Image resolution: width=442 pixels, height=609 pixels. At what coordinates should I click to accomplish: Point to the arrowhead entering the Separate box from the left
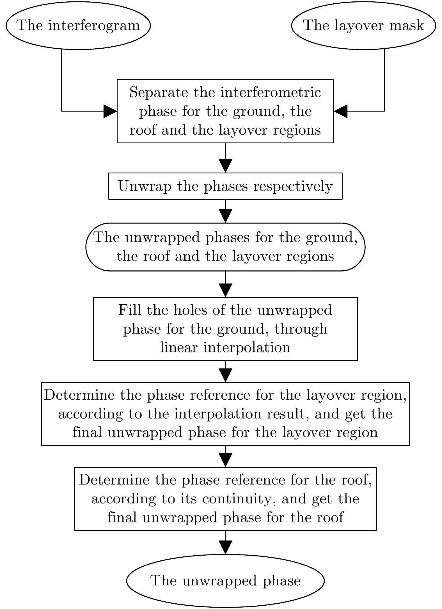(x=110, y=111)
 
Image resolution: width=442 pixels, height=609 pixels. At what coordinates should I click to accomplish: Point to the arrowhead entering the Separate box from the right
(x=340, y=111)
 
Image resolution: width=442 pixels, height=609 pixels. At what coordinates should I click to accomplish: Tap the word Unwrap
(x=145, y=186)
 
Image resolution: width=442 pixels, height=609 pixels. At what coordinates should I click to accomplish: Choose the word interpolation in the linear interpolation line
(x=247, y=348)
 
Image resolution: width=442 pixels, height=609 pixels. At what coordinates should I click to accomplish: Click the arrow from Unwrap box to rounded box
(x=225, y=211)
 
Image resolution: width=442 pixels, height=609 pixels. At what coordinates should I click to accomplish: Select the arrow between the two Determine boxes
(x=225, y=456)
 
